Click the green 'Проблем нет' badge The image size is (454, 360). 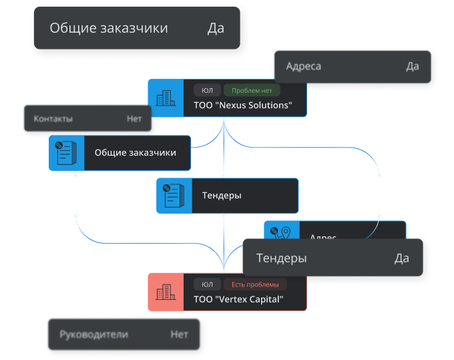(x=252, y=90)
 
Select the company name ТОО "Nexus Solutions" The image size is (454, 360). (x=243, y=106)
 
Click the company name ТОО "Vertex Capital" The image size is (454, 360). (x=238, y=299)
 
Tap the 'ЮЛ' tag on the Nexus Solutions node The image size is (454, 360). (x=207, y=90)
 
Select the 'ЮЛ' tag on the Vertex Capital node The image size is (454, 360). (x=207, y=284)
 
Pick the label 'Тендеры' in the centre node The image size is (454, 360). (x=221, y=196)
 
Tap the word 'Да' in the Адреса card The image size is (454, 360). (x=413, y=66)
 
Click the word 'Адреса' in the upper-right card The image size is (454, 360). (x=304, y=66)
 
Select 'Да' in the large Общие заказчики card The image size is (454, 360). (x=216, y=28)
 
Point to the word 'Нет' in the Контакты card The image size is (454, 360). (x=134, y=119)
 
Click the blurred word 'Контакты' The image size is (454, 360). (x=53, y=119)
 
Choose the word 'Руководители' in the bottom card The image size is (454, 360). (x=93, y=334)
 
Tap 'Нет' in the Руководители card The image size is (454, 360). (x=179, y=334)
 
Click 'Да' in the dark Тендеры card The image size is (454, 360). (x=401, y=258)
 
